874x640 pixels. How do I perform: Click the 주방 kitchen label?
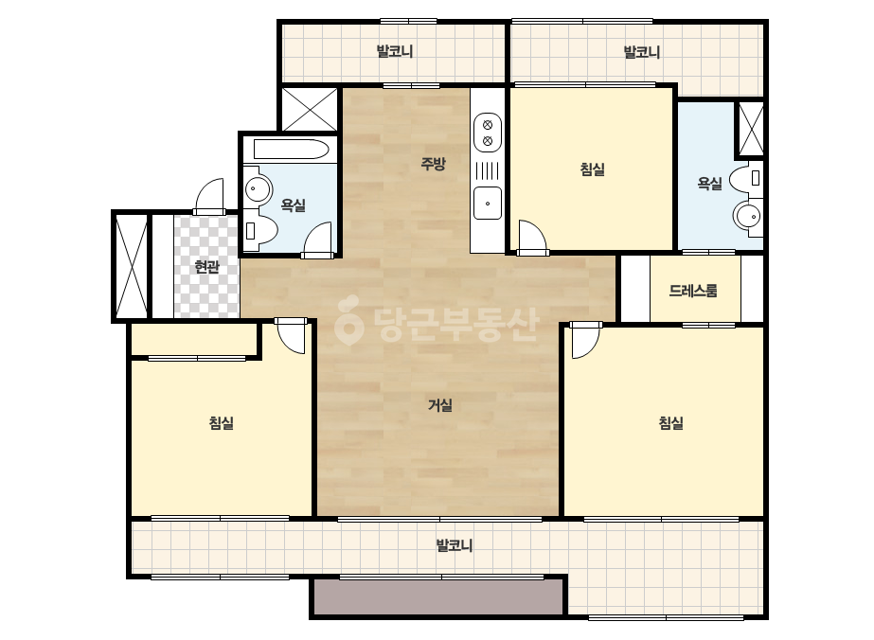tap(433, 164)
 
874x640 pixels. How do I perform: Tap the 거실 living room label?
tap(439, 405)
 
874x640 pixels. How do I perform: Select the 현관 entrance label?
tap(206, 267)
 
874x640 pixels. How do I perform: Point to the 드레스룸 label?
tap(693, 291)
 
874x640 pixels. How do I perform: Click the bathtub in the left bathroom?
tap(291, 150)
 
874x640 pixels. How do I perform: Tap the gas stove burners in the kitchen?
tap(487, 133)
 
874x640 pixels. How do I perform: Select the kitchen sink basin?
tap(487, 204)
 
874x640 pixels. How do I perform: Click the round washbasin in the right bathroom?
tap(747, 216)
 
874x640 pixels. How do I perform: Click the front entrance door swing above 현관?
tap(209, 196)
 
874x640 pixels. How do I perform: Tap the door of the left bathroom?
tap(317, 240)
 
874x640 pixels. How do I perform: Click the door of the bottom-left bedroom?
tap(291, 335)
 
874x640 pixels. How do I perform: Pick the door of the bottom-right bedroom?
tap(586, 340)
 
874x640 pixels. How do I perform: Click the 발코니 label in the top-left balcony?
tap(395, 52)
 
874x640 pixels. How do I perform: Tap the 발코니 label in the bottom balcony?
tap(454, 545)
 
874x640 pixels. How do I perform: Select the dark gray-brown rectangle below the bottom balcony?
tap(438, 597)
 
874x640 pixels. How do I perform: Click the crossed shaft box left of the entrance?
tap(131, 266)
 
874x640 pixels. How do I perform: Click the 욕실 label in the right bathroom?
tap(709, 184)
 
